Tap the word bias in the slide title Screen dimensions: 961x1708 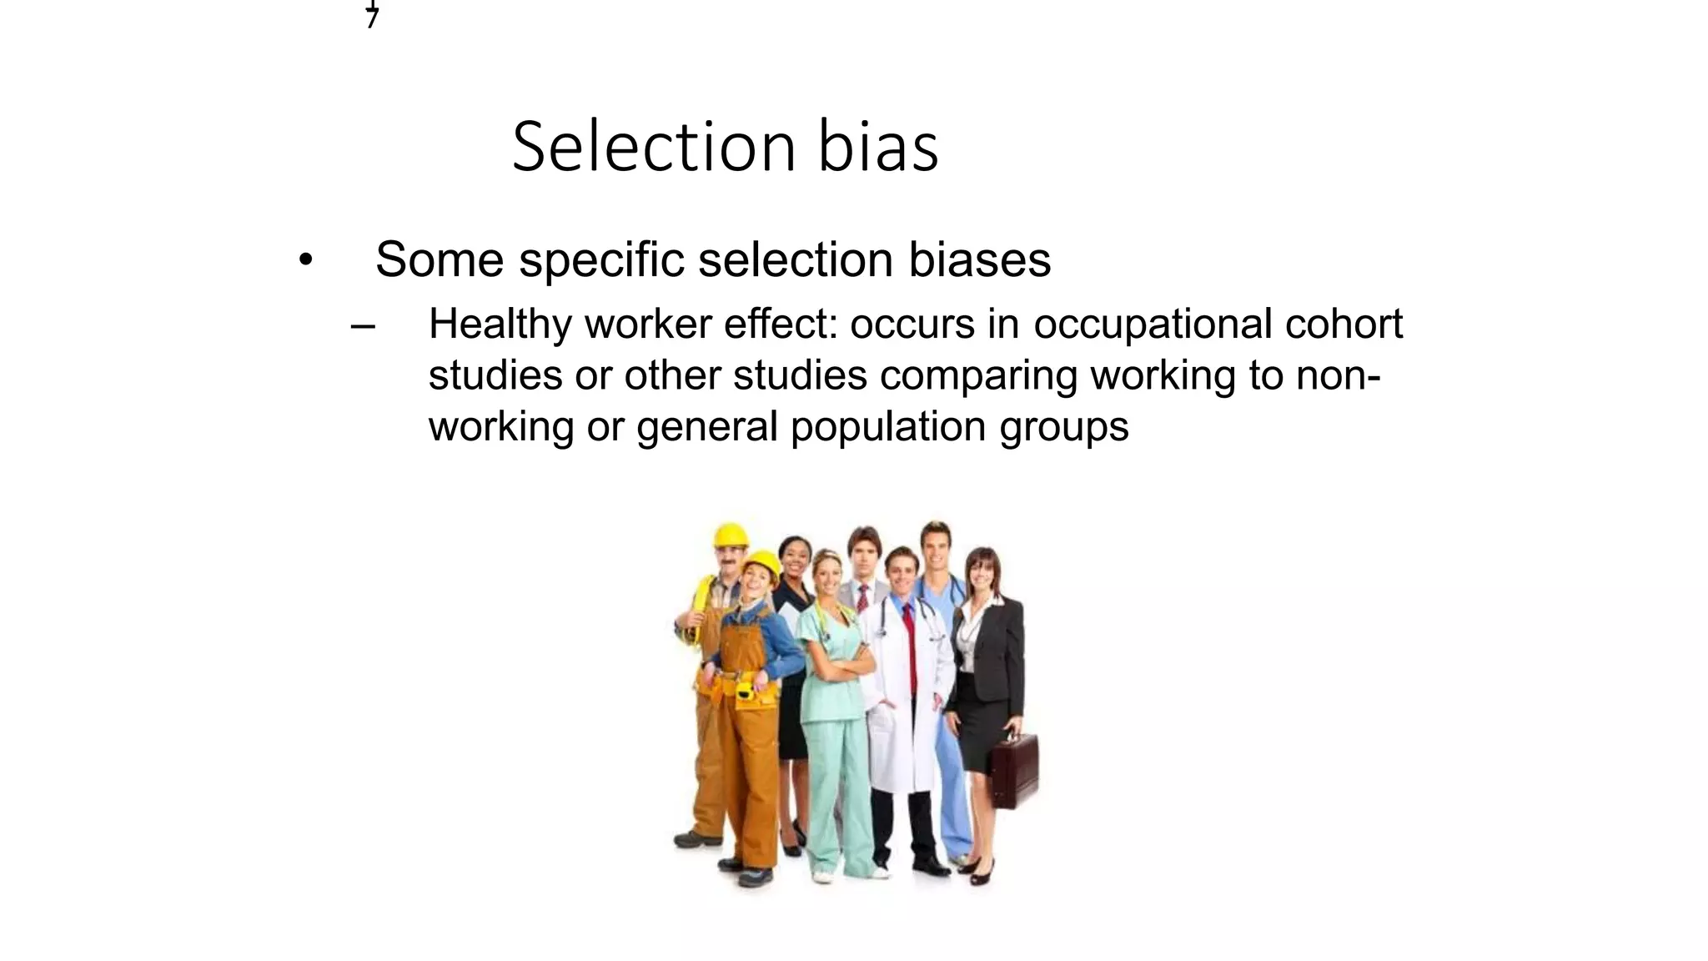coord(878,147)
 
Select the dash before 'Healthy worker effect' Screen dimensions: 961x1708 coord(363,325)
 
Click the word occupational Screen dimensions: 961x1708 coord(1153,325)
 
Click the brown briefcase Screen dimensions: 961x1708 coord(1014,770)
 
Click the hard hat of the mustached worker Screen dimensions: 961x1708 coord(731,534)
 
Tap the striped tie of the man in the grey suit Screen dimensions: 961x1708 coord(863,598)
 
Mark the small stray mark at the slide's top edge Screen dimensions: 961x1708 coord(372,14)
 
